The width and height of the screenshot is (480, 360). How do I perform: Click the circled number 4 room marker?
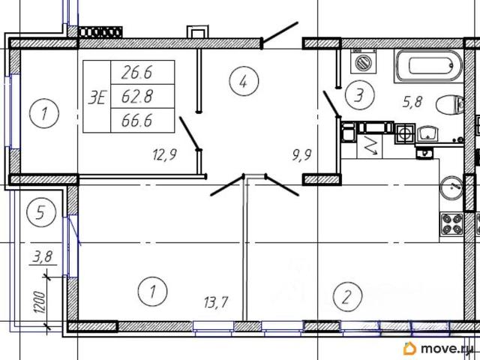pos(244,81)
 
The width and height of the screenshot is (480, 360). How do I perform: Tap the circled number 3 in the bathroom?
pos(360,95)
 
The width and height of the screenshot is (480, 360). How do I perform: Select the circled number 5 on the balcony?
pos(41,211)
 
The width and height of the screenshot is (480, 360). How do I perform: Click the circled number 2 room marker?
pos(347,297)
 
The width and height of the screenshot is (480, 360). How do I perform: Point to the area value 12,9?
pos(165,154)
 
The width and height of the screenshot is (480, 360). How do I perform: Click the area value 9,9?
pos(301,155)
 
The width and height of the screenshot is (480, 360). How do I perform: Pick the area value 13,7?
pos(216,302)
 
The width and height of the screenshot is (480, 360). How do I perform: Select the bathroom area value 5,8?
pos(412,102)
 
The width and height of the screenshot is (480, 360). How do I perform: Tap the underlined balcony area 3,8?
pos(43,256)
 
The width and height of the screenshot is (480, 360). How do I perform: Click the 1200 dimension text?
pos(40,302)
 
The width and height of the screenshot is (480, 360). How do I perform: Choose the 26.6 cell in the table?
pos(142,72)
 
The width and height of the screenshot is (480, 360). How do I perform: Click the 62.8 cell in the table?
pos(142,96)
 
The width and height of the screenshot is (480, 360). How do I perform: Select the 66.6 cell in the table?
pos(142,120)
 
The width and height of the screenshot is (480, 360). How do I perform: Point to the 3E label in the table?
pos(97,98)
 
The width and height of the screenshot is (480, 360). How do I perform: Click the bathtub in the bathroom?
pos(428,66)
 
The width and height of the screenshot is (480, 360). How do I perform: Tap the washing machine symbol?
pos(363,61)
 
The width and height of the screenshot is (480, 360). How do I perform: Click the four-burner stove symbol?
pos(451,224)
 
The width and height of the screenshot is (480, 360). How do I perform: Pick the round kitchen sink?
pos(451,187)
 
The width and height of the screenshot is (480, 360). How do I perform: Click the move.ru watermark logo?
pos(438,348)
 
